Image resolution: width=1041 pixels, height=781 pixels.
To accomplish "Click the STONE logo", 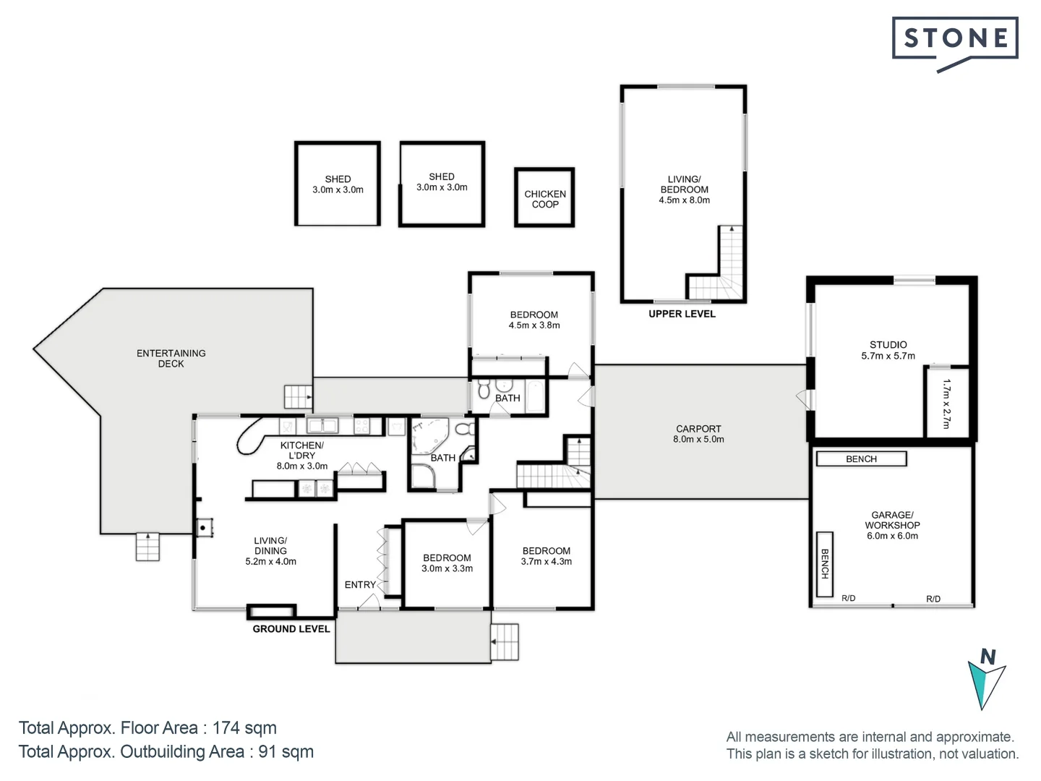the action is click(x=955, y=43).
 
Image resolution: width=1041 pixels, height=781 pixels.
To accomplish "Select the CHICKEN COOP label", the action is click(x=545, y=199).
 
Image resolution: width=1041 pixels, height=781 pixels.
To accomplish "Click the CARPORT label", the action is click(x=698, y=429).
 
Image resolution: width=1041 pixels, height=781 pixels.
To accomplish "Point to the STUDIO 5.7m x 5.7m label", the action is click(x=888, y=350).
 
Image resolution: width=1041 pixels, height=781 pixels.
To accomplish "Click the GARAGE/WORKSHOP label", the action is click(x=892, y=520).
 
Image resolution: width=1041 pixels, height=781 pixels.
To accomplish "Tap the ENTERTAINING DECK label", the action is click(x=171, y=358).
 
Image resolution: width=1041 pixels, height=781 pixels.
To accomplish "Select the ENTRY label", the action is click(x=360, y=585).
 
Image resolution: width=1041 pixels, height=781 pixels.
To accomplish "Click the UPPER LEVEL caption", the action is click(x=682, y=314).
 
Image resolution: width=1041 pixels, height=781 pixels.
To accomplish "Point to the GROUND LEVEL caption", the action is click(x=291, y=629).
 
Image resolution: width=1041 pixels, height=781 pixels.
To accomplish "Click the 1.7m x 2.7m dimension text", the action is click(x=946, y=404).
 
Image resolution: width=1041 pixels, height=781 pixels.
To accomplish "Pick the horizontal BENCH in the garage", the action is click(x=861, y=458).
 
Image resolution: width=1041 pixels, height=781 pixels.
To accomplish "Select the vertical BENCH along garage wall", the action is click(x=825, y=564).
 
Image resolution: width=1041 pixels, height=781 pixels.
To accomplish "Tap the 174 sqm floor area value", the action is click(x=244, y=727).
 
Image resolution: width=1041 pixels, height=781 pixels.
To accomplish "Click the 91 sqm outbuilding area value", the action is click(x=286, y=751).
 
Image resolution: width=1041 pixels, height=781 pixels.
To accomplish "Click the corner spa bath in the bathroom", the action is click(x=429, y=436).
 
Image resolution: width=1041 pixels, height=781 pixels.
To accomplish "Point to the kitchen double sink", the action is click(x=322, y=426).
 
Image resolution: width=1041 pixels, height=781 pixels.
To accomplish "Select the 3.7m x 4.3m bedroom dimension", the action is click(x=547, y=561).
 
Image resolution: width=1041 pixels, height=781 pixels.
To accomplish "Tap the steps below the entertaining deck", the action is click(x=147, y=547).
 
